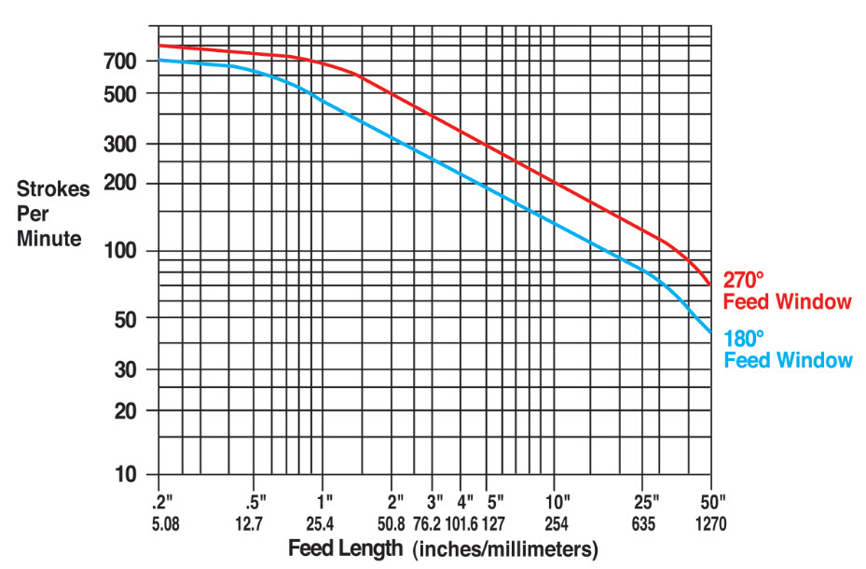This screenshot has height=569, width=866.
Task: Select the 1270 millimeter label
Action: click(711, 523)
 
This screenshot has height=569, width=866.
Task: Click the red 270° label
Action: click(744, 280)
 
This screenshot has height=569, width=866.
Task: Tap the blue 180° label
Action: click(744, 338)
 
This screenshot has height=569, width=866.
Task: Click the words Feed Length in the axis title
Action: click(346, 548)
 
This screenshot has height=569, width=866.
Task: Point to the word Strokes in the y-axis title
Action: click(53, 189)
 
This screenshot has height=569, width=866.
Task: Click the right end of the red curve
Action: click(710, 284)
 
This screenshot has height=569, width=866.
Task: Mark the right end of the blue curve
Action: click(710, 332)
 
